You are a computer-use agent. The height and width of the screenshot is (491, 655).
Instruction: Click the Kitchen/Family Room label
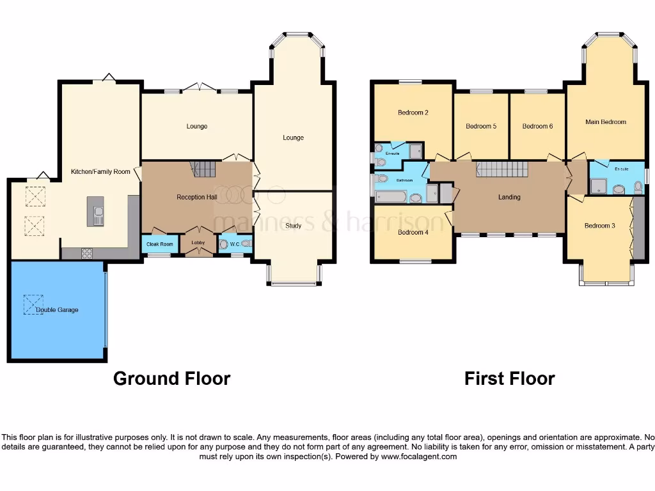(x=100, y=171)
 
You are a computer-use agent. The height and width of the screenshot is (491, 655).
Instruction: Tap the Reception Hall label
(x=196, y=198)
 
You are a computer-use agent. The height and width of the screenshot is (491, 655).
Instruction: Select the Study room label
(x=294, y=226)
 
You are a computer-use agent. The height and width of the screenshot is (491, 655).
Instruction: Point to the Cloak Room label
(x=160, y=244)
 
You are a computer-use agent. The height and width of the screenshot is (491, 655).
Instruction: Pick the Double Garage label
(x=57, y=310)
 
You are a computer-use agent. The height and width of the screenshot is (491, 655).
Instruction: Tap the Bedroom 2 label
(x=413, y=113)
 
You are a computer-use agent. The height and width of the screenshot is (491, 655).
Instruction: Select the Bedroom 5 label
(x=481, y=126)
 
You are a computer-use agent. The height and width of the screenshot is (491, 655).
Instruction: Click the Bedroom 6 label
(x=537, y=126)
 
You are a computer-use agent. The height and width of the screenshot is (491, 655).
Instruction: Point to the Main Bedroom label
(x=605, y=121)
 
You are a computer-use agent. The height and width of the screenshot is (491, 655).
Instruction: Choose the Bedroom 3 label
(x=599, y=226)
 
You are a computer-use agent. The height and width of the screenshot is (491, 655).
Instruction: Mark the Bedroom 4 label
(x=413, y=232)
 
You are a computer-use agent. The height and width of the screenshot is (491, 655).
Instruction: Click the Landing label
(x=509, y=197)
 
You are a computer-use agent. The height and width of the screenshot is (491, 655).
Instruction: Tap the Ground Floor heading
(x=171, y=378)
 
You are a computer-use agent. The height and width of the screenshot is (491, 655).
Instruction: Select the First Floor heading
(x=509, y=378)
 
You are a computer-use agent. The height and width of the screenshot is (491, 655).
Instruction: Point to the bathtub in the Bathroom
(x=391, y=197)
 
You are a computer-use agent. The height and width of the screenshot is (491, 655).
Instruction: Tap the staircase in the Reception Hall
(x=205, y=169)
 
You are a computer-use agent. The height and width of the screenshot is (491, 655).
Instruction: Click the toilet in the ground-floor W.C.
(x=246, y=245)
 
